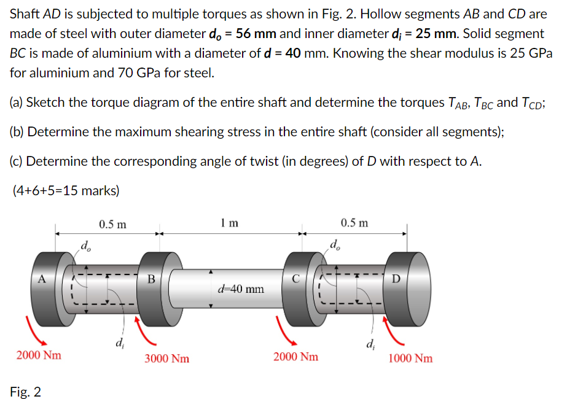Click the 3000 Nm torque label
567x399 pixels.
(x=167, y=358)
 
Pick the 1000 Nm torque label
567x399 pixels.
(x=410, y=358)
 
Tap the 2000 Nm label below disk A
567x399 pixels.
(x=39, y=355)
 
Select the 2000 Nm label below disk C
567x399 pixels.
(x=296, y=356)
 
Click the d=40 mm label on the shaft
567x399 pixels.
(x=241, y=288)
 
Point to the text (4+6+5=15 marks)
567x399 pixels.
(x=66, y=190)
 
